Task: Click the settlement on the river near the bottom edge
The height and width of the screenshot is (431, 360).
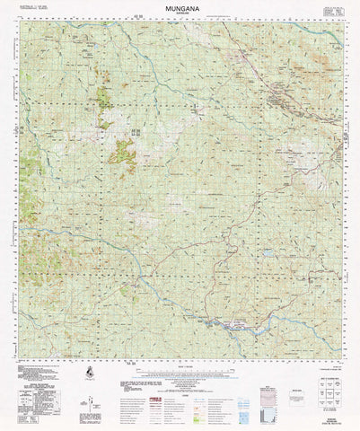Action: pyautogui.click(x=224, y=323)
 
